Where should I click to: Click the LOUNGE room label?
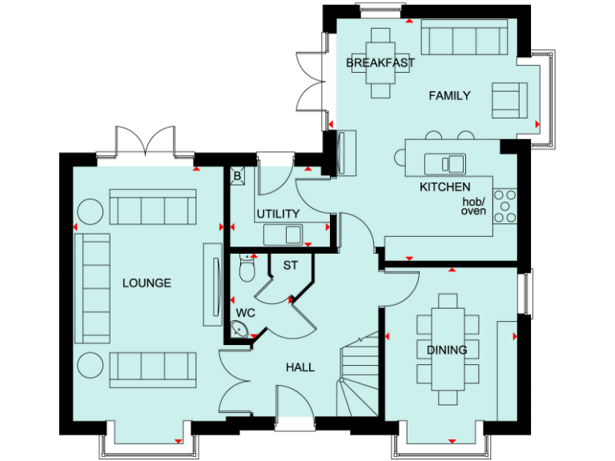coord(147,283)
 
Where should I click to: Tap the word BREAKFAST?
coord(380,62)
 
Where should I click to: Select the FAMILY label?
coord(449,96)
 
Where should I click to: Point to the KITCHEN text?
coord(445,186)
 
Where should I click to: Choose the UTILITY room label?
coord(278,214)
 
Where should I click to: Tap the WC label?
coord(245,313)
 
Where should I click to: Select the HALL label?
coord(300,367)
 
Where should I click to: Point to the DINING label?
coord(446,349)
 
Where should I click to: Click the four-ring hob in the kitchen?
coord(505,206)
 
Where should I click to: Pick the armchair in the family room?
coord(507,99)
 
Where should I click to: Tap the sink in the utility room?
coord(283,234)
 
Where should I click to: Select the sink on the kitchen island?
coord(446,164)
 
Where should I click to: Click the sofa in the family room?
coord(464,38)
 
